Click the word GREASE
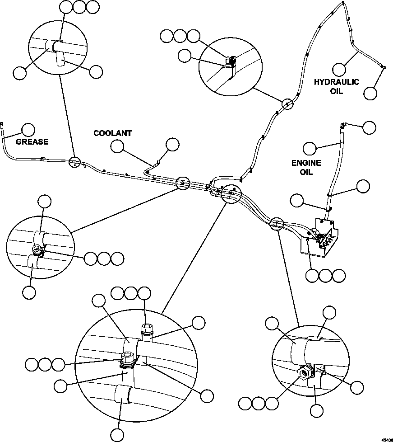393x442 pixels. (x=32, y=141)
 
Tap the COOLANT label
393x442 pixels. (x=112, y=133)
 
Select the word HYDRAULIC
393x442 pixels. (x=337, y=82)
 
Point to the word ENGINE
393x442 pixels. (x=306, y=163)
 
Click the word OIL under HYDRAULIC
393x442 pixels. (x=337, y=91)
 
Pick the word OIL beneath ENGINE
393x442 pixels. (x=306, y=172)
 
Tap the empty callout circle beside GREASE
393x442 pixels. (x=29, y=130)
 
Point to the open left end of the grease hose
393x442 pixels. (x=2, y=123)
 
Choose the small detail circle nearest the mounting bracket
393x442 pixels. (x=276, y=223)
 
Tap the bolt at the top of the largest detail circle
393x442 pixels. (x=146, y=328)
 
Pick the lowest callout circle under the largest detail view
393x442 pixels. (x=117, y=435)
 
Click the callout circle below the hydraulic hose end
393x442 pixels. (x=370, y=93)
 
